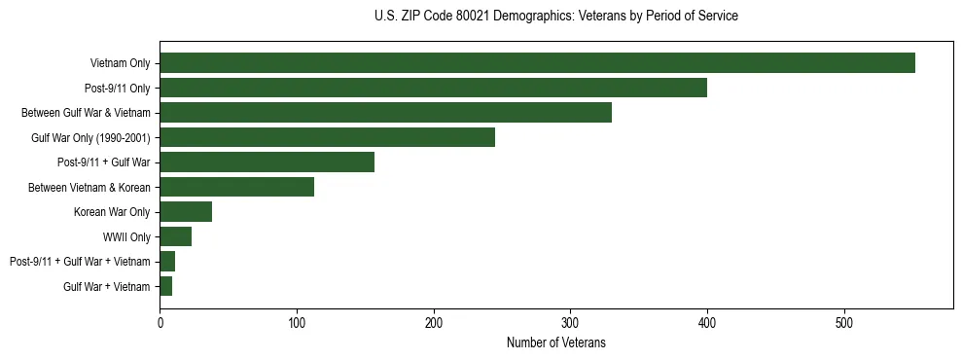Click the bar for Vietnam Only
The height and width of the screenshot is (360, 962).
pos(537,63)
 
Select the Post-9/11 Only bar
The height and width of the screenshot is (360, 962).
pos(433,88)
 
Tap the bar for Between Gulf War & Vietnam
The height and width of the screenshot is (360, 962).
pos(385,113)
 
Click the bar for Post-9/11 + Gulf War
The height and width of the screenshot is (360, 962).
pos(267,162)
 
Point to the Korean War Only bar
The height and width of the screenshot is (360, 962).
pos(186,212)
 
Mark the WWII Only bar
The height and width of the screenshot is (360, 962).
pos(175,236)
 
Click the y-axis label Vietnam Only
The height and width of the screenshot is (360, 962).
pos(120,63)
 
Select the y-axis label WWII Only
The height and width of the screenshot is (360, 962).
pos(126,236)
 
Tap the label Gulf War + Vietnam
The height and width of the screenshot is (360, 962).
pos(107,286)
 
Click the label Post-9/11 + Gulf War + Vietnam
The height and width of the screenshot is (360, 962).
pos(80,262)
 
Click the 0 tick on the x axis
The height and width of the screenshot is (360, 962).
pos(160,324)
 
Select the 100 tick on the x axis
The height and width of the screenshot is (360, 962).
pos(297,324)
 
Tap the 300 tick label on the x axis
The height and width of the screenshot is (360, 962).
pos(570,324)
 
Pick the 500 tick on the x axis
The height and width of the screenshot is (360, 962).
pos(844,324)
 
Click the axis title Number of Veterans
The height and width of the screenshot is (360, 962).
pos(556,342)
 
